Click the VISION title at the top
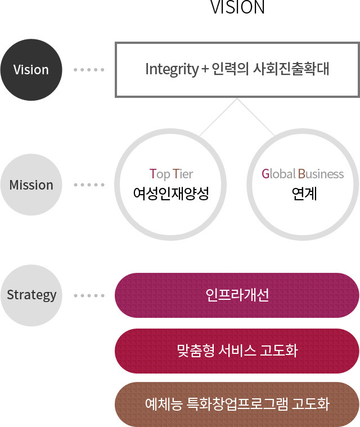click(x=237, y=7)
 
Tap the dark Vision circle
click(x=31, y=70)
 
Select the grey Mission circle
click(x=31, y=185)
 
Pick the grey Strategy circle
click(x=31, y=295)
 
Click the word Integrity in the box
click(x=172, y=69)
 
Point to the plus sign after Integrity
click(x=205, y=69)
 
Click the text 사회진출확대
click(x=291, y=69)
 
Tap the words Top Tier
click(x=172, y=174)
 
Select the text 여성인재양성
click(x=171, y=194)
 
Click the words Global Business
click(x=303, y=174)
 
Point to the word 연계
click(x=304, y=194)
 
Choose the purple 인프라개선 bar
click(x=237, y=295)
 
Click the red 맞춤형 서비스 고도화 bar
click(x=237, y=350)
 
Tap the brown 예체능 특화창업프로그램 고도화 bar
click(x=237, y=404)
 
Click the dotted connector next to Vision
click(x=89, y=70)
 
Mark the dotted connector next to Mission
click(x=89, y=185)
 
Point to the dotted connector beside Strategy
click(x=89, y=295)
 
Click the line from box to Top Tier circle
click(x=218, y=117)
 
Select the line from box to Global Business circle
click(x=256, y=117)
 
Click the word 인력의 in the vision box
click(x=230, y=69)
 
